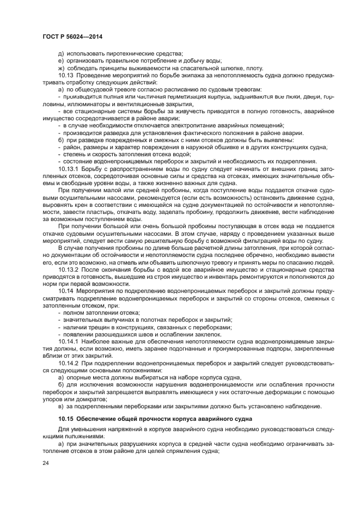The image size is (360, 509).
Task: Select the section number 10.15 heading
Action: (66, 419)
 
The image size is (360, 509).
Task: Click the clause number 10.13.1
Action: (68, 168)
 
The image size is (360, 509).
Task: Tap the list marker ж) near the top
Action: (60, 68)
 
